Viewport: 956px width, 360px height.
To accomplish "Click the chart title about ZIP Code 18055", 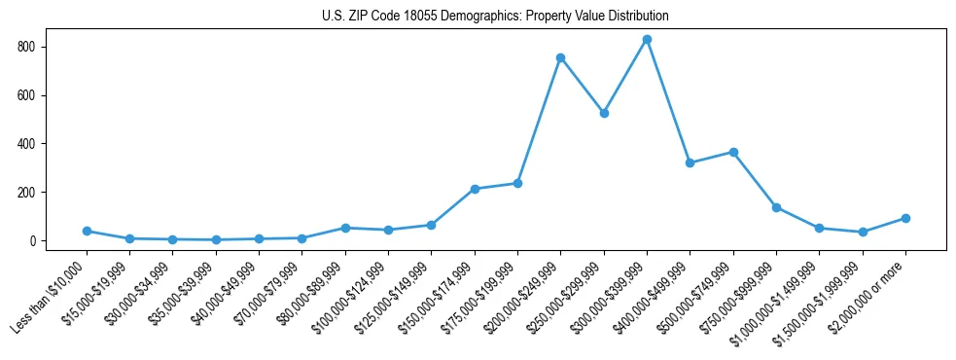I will (x=495, y=17).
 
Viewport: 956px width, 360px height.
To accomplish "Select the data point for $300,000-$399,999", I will (x=647, y=40).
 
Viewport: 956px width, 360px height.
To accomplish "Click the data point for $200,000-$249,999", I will (x=560, y=58).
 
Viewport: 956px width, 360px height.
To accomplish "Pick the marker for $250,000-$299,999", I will (x=604, y=114).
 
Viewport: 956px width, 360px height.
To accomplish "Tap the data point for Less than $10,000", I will (x=87, y=232).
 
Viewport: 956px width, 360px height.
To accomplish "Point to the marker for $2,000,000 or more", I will (x=905, y=219).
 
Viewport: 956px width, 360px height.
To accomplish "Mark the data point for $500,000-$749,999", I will (x=733, y=153).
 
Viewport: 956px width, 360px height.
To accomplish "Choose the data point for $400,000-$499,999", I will (x=690, y=163).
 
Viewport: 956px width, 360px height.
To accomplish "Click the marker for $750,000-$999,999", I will (x=776, y=207).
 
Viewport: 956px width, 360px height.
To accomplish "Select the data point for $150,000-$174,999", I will (x=475, y=189).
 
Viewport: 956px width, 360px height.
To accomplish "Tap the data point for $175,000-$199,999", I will (x=517, y=183).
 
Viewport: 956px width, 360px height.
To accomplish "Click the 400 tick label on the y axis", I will (x=40, y=144).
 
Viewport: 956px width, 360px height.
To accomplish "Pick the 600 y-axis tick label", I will (x=40, y=95).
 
